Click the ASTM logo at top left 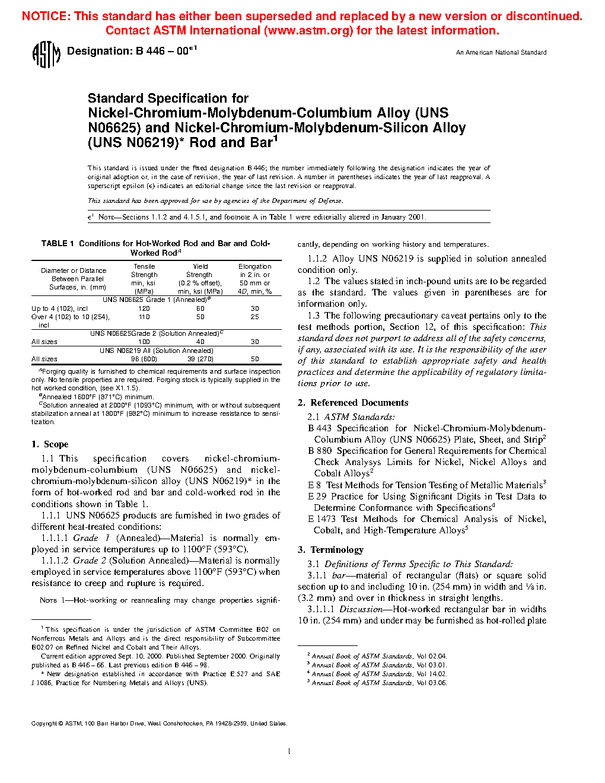click(46, 55)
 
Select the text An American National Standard click(501, 53)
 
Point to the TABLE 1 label click(58, 243)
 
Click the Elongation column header click(254, 267)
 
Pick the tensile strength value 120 click(144, 308)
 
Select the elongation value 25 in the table click(254, 317)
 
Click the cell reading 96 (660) click(144, 359)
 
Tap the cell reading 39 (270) click(200, 359)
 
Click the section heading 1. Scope click(50, 444)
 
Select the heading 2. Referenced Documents click(353, 403)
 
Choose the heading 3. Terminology click(330, 550)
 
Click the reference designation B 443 click(320, 428)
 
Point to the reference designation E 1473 click(321, 519)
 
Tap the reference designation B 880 click(320, 451)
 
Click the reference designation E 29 click(317, 496)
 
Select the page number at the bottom click(289, 752)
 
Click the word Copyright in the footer click(44, 724)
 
